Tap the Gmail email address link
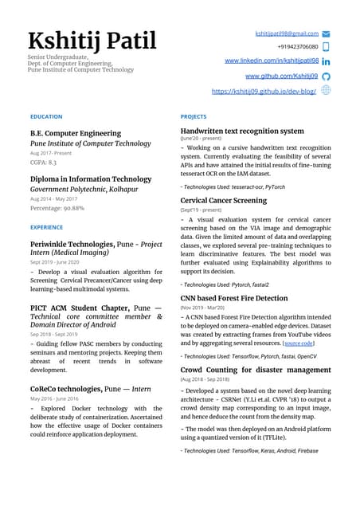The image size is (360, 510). tap(286, 33)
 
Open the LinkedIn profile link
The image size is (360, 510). tap(272, 61)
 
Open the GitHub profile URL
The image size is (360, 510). tap(281, 76)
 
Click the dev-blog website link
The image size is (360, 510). tap(264, 92)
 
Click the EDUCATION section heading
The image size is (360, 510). tap(45, 117)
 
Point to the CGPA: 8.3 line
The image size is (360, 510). tap(43, 162)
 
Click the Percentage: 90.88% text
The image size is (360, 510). tap(57, 208)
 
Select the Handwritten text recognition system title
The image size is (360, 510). tap(242, 131)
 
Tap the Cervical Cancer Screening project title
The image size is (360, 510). tap(224, 201)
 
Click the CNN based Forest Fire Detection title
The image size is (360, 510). tap(234, 298)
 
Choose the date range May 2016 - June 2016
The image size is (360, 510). tap(57, 398)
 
